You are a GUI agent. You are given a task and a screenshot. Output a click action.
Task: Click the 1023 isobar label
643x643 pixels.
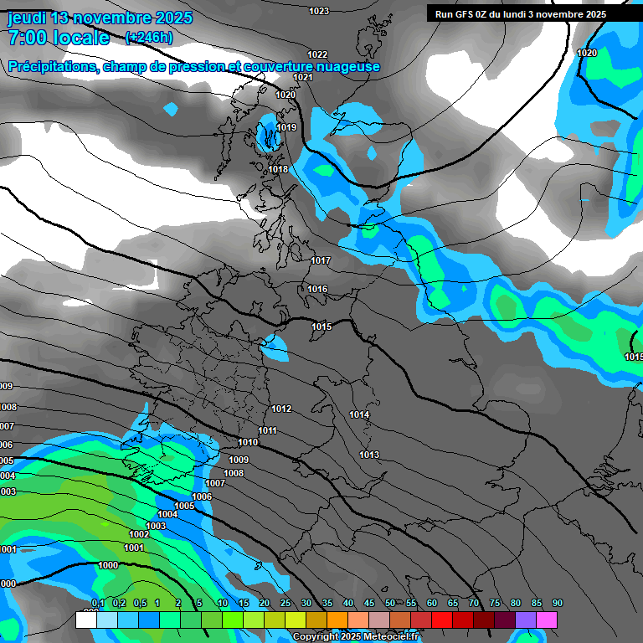(x=319, y=11)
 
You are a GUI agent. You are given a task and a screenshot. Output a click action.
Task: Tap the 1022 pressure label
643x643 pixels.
(x=317, y=54)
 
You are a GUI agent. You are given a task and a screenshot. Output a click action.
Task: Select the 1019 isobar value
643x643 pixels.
(x=286, y=128)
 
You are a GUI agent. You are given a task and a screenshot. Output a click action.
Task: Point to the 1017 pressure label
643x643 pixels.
(x=321, y=261)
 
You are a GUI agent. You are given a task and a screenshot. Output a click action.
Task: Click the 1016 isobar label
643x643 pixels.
(x=317, y=289)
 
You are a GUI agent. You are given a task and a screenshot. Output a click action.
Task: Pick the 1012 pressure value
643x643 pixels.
(x=281, y=409)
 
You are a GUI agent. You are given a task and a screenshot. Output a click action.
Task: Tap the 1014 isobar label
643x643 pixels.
(x=359, y=414)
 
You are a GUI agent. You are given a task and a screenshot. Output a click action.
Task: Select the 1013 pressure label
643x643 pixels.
(x=369, y=455)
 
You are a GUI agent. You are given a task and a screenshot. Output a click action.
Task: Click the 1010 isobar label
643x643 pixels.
(x=248, y=442)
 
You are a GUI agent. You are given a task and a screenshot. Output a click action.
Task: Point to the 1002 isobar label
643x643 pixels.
(x=139, y=534)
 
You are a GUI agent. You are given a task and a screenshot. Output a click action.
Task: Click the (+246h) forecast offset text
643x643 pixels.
(x=149, y=38)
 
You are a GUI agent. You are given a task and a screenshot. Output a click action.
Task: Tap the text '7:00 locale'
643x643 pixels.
(x=59, y=38)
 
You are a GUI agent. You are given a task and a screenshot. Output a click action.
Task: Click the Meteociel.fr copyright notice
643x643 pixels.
(x=355, y=636)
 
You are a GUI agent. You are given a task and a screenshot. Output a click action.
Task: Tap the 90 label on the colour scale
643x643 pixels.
(x=557, y=604)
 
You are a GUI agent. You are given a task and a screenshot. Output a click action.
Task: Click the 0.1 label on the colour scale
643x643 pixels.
(x=98, y=604)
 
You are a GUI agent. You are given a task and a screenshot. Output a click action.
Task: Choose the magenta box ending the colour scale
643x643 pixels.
(x=547, y=620)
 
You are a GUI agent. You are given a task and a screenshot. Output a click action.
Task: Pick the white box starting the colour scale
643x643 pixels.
(x=85, y=620)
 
